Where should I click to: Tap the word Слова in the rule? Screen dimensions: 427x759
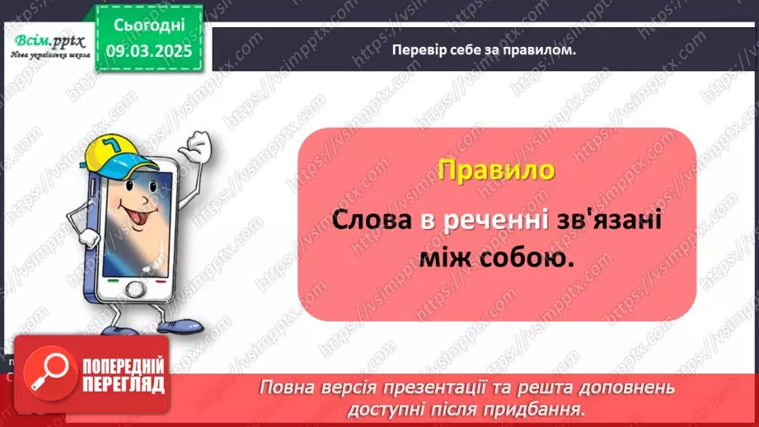371,221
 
